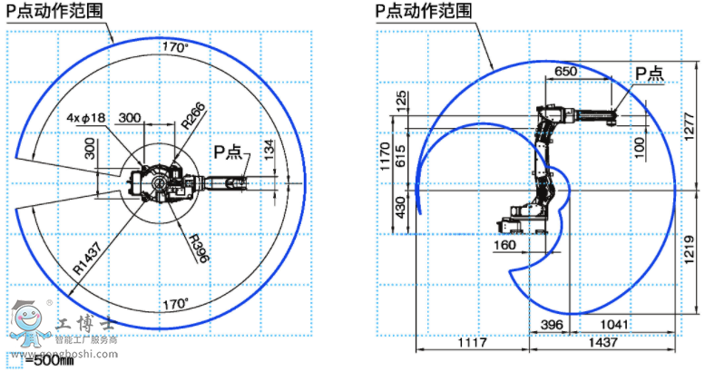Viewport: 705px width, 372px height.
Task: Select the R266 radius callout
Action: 192,114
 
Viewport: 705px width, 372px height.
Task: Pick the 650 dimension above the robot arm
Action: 565,71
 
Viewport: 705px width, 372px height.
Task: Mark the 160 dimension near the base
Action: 504,244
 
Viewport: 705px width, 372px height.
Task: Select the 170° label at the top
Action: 175,46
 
